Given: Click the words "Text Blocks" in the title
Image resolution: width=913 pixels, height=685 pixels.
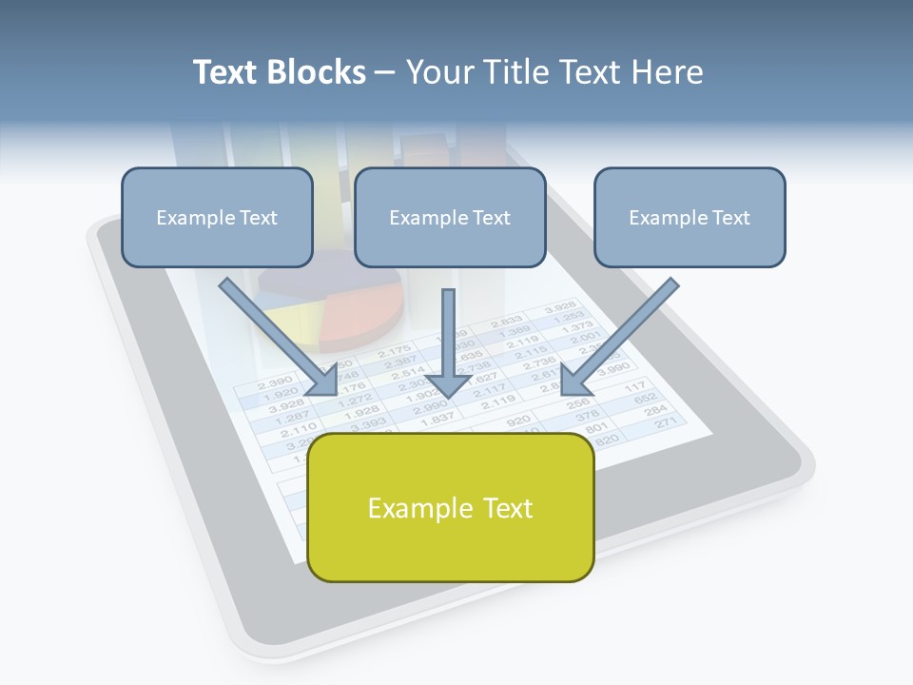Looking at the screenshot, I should [279, 72].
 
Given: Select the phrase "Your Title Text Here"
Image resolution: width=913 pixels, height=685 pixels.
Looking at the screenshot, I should [554, 72].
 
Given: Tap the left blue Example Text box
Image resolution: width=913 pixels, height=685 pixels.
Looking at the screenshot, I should [217, 218].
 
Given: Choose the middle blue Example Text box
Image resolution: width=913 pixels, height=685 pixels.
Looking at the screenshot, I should [450, 218].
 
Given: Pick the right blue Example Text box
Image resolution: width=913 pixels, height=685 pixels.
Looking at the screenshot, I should [690, 218].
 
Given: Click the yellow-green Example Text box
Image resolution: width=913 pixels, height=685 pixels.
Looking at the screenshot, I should [451, 508].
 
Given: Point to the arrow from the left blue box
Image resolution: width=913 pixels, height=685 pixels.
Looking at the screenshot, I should [277, 337].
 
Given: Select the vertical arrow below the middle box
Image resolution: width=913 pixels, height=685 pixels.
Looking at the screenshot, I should [448, 343].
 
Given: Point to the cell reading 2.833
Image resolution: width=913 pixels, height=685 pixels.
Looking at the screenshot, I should [506, 323].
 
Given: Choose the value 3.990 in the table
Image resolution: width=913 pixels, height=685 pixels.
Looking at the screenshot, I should [613, 367].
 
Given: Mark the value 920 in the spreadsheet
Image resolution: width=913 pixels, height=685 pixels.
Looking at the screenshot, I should [517, 421].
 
